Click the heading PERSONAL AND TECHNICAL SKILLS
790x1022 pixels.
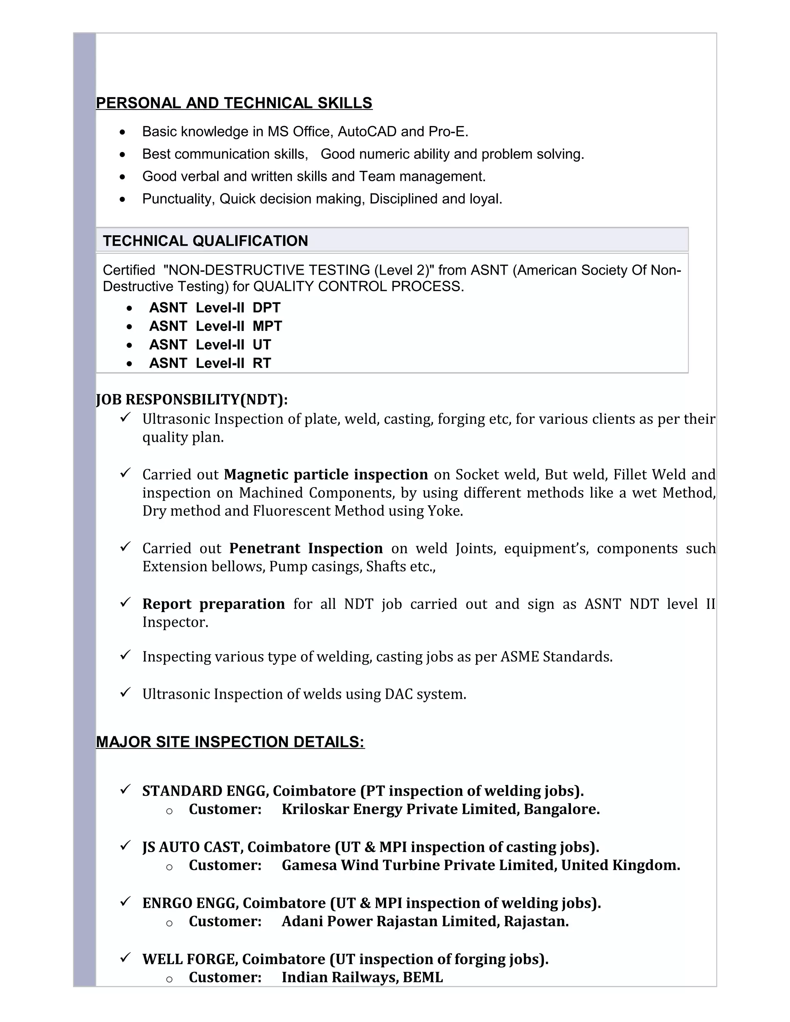click(x=234, y=103)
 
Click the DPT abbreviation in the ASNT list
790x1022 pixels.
click(x=266, y=307)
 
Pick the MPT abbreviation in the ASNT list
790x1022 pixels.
click(x=267, y=326)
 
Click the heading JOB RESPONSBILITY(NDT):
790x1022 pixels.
click(x=192, y=399)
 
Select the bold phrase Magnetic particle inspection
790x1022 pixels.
click(x=326, y=474)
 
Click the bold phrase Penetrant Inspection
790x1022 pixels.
click(x=306, y=548)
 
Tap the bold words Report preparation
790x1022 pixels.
click(x=213, y=604)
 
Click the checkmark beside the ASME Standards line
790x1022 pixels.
click(x=125, y=655)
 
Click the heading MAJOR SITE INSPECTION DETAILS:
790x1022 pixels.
click(x=230, y=742)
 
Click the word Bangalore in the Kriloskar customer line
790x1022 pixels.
click(x=561, y=809)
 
